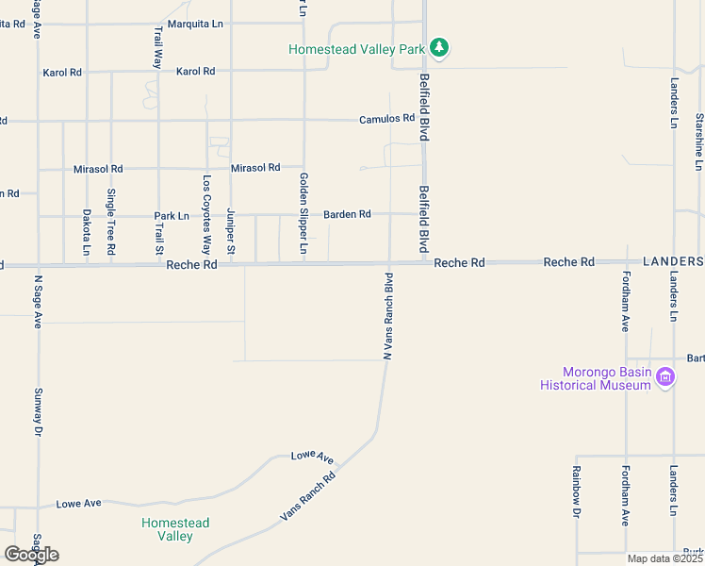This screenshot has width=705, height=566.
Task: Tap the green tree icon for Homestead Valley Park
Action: point(438,46)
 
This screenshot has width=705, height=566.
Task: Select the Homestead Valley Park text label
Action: point(356,48)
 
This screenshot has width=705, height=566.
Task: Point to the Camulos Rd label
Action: point(386,119)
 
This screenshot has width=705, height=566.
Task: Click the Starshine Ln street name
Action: point(698,141)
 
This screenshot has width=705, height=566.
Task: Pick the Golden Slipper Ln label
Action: point(303,213)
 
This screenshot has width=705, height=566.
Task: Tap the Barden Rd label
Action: point(347,214)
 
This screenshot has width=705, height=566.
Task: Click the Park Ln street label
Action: point(172,216)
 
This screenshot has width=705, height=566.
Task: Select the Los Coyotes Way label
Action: point(206,208)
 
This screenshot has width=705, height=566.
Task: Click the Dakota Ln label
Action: point(86,233)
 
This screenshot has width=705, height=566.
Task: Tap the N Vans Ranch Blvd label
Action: point(387,316)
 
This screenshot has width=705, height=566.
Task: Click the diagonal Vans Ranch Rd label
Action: point(308,496)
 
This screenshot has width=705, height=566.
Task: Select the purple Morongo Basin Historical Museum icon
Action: point(665,377)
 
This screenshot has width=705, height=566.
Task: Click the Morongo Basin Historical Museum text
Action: point(595,377)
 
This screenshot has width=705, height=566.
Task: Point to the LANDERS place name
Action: point(673,260)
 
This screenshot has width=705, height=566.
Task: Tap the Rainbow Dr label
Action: point(576,491)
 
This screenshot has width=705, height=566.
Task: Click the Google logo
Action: point(31,554)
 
